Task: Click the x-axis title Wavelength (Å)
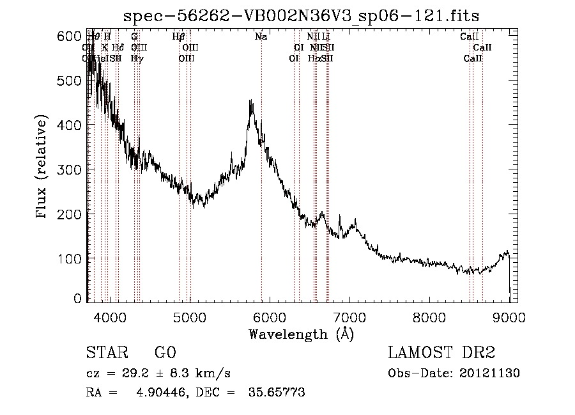click(301, 334)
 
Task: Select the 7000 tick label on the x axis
click(349, 317)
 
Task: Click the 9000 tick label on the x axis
click(509, 317)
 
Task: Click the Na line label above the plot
click(261, 37)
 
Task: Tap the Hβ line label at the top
click(179, 37)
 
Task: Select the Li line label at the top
click(326, 37)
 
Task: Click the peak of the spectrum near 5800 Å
click(250, 101)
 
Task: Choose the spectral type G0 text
click(165, 353)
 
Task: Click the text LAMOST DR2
click(441, 353)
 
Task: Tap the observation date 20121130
click(492, 373)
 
